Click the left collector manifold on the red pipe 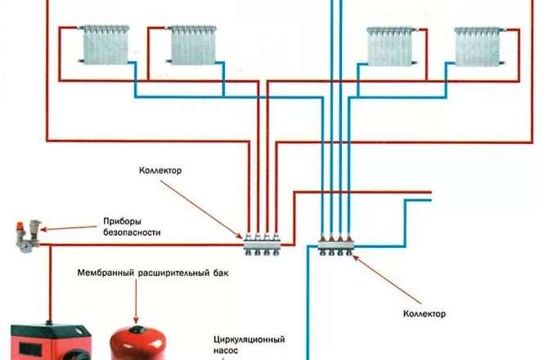coord(263,241)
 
